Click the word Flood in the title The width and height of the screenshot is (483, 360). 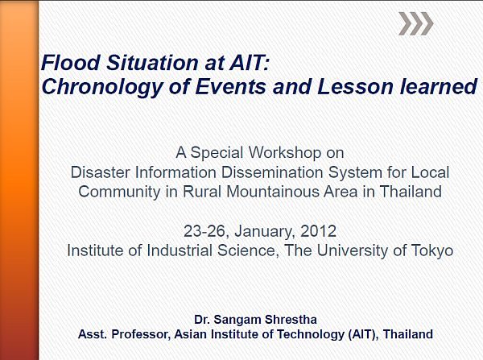point(71,62)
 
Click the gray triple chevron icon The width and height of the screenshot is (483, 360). point(416,23)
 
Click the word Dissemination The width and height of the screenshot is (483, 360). point(272,172)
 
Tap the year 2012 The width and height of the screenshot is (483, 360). point(318,231)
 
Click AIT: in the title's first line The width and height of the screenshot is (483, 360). point(250,62)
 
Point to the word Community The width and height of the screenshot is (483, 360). point(119,192)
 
